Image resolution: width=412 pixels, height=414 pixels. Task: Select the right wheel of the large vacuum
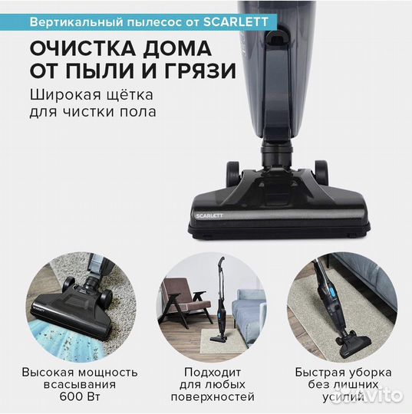[321, 170]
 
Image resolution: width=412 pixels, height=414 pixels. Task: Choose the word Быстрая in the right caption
[317, 371]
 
